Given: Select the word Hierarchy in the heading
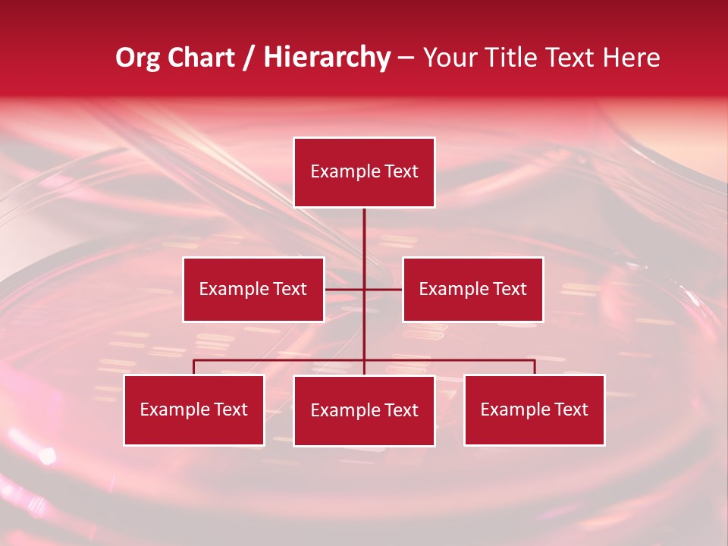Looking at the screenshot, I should (327, 58).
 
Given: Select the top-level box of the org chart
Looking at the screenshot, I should (364, 172).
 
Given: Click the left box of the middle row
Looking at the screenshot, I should (253, 290).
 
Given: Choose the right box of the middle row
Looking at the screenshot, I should (472, 290).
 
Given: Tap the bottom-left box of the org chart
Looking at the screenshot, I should (194, 410).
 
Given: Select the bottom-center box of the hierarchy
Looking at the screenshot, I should (364, 411).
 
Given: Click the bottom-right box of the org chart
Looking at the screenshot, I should (534, 410).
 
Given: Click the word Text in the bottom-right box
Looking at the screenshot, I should (570, 410).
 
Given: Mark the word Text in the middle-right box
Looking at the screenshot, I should (509, 290).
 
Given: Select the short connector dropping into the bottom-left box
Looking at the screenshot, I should (194, 367).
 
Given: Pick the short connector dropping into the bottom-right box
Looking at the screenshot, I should (534, 367).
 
